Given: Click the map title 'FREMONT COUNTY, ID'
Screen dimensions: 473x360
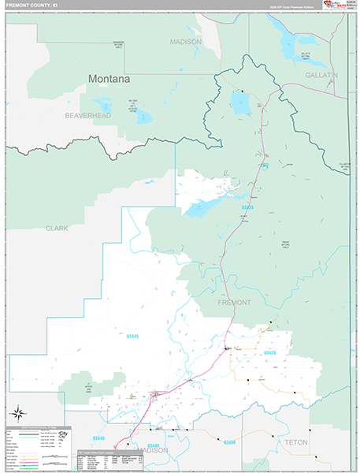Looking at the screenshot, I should [32, 5].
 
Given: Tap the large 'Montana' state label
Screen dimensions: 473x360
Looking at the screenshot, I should [109, 79].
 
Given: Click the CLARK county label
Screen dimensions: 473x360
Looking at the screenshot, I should [57, 228].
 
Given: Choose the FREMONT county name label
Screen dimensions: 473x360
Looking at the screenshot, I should [233, 302].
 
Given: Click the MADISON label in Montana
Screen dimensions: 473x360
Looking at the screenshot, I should [186, 42].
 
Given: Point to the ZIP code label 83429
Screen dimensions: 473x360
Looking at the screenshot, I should [248, 207].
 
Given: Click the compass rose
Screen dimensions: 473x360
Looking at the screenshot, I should [18, 412].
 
